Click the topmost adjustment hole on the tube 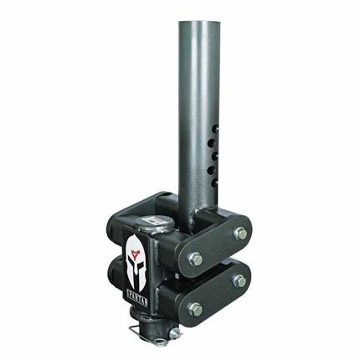(214, 129)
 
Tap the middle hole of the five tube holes (214, 157)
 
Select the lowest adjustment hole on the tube (214, 183)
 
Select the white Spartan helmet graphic (136, 262)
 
